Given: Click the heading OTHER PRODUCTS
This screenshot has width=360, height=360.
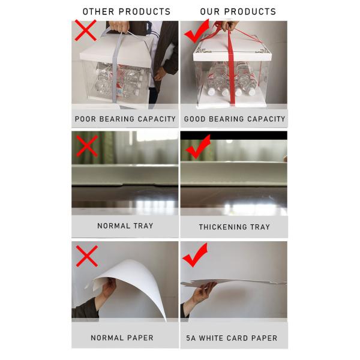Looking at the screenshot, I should pyautogui.click(x=126, y=11).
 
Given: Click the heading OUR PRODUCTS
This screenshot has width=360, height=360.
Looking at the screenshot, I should pyautogui.click(x=238, y=11).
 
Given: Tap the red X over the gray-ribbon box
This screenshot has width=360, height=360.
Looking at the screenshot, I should pyautogui.click(x=85, y=31).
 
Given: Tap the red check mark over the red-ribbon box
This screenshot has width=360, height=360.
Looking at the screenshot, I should pyautogui.click(x=196, y=31).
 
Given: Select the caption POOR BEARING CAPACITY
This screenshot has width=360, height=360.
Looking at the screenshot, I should pyautogui.click(x=125, y=119).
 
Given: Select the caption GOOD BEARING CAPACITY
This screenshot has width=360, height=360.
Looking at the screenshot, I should pyautogui.click(x=235, y=119).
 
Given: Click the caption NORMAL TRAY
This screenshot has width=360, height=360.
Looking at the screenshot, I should pyautogui.click(x=125, y=226).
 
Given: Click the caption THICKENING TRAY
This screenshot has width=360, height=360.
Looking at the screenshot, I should pyautogui.click(x=235, y=227).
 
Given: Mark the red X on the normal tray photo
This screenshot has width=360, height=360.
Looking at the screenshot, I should pyautogui.click(x=86, y=145).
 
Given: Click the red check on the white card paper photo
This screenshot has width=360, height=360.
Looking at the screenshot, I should pyautogui.click(x=195, y=256).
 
